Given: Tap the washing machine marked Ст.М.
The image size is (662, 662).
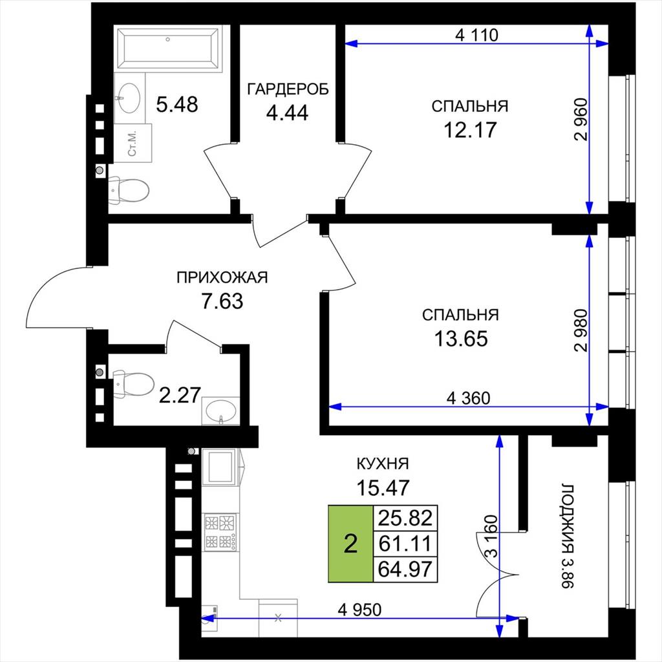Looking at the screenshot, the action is (x=133, y=143).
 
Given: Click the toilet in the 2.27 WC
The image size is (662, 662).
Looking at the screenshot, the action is (x=133, y=383).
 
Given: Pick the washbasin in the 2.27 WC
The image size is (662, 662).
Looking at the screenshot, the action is (x=221, y=411).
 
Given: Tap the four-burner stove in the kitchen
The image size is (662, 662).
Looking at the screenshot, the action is (x=220, y=532).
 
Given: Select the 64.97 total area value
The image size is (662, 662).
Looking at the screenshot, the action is (x=405, y=569).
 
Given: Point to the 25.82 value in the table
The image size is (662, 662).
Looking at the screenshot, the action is (x=405, y=518).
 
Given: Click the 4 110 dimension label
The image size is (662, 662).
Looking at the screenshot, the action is (x=476, y=35).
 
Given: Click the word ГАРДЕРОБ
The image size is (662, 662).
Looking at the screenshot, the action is (x=288, y=89).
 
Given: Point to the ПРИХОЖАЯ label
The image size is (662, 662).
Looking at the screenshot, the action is (x=222, y=277).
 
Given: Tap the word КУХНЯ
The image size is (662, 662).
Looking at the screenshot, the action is (x=383, y=464).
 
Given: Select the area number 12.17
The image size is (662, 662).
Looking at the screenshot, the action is (x=470, y=129).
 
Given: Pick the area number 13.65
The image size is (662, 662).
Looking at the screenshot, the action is (x=461, y=338).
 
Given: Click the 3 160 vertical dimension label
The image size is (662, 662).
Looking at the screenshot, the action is (x=492, y=536).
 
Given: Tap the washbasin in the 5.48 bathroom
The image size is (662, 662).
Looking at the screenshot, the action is (x=129, y=98).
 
